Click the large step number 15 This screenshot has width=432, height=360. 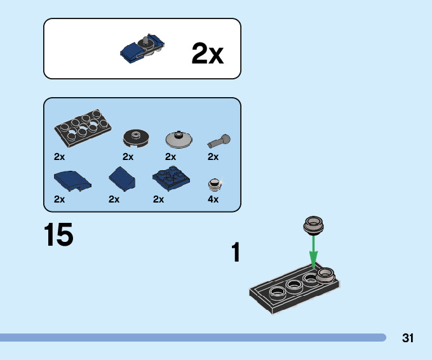click(x=58, y=235)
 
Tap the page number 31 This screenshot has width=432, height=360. click(x=408, y=338)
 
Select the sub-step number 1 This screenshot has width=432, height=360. click(x=236, y=253)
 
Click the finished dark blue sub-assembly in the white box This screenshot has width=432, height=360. click(x=144, y=49)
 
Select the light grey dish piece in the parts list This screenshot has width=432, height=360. click(x=178, y=138)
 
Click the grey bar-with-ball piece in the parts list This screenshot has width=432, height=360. click(x=219, y=140)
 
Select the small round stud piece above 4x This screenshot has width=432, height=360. click(x=215, y=185)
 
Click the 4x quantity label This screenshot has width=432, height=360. click(x=213, y=199)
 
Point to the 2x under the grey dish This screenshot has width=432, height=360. click(x=170, y=157)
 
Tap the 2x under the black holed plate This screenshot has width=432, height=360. click(x=60, y=157)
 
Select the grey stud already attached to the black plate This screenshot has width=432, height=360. click(x=325, y=274)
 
